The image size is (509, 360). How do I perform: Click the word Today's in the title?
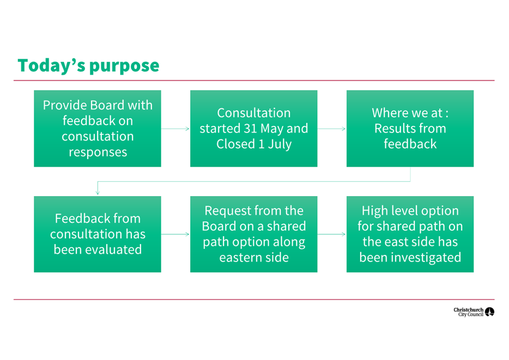point(51,65)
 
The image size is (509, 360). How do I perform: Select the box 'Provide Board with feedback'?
point(98,129)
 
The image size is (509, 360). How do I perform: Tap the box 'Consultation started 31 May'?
point(253,129)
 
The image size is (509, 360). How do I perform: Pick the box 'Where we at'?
point(410,129)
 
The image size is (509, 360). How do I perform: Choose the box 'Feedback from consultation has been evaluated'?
point(98,234)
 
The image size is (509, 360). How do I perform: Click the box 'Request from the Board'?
point(253,234)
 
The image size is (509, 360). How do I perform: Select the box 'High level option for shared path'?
point(410,234)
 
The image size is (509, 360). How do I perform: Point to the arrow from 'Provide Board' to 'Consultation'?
point(175,129)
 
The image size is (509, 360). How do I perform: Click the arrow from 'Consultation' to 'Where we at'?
point(332,129)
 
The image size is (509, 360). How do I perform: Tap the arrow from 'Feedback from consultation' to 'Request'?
point(175,234)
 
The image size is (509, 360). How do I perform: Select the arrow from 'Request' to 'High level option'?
point(332,234)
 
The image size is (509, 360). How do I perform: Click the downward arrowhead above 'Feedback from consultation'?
point(98,193)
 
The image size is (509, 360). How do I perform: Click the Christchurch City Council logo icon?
point(489,312)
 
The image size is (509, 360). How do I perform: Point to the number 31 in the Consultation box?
point(250,129)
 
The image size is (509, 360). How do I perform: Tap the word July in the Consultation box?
point(280,144)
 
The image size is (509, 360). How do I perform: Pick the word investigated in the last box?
point(426,258)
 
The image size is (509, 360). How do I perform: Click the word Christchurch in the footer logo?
point(469,310)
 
